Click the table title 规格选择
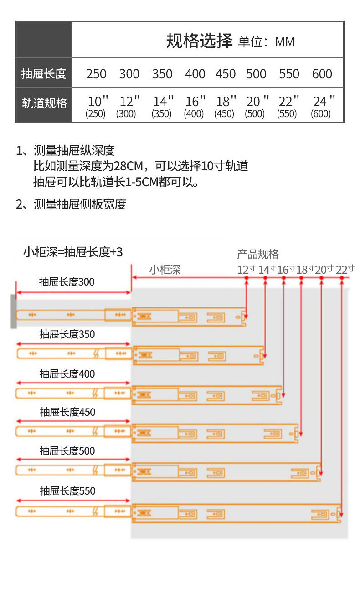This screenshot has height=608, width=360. [199, 41]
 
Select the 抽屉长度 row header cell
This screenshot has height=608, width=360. [44, 73]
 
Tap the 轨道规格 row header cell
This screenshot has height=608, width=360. [44, 103]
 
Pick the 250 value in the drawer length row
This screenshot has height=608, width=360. [96, 74]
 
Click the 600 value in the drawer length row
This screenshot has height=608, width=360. [322, 74]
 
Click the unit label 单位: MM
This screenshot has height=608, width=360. [267, 42]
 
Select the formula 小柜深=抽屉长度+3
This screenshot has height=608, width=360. [73, 252]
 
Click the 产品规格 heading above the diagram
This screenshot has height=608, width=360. [258, 254]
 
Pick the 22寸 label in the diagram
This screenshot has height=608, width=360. [345, 270]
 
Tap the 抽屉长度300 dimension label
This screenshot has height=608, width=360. [67, 282]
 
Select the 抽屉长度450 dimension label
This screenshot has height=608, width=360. [67, 412]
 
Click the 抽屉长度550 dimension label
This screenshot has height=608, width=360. [67, 491]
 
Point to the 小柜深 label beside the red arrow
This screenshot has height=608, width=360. [165, 270]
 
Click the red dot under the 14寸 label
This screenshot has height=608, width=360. [266, 278]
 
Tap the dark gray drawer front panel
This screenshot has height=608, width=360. [14, 311]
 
